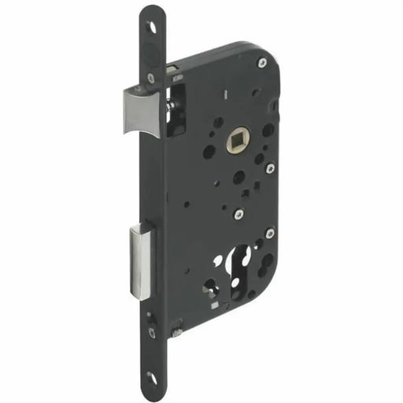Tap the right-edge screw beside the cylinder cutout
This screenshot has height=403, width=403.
click(270, 233)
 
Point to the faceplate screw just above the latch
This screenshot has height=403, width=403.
click(150, 77)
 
